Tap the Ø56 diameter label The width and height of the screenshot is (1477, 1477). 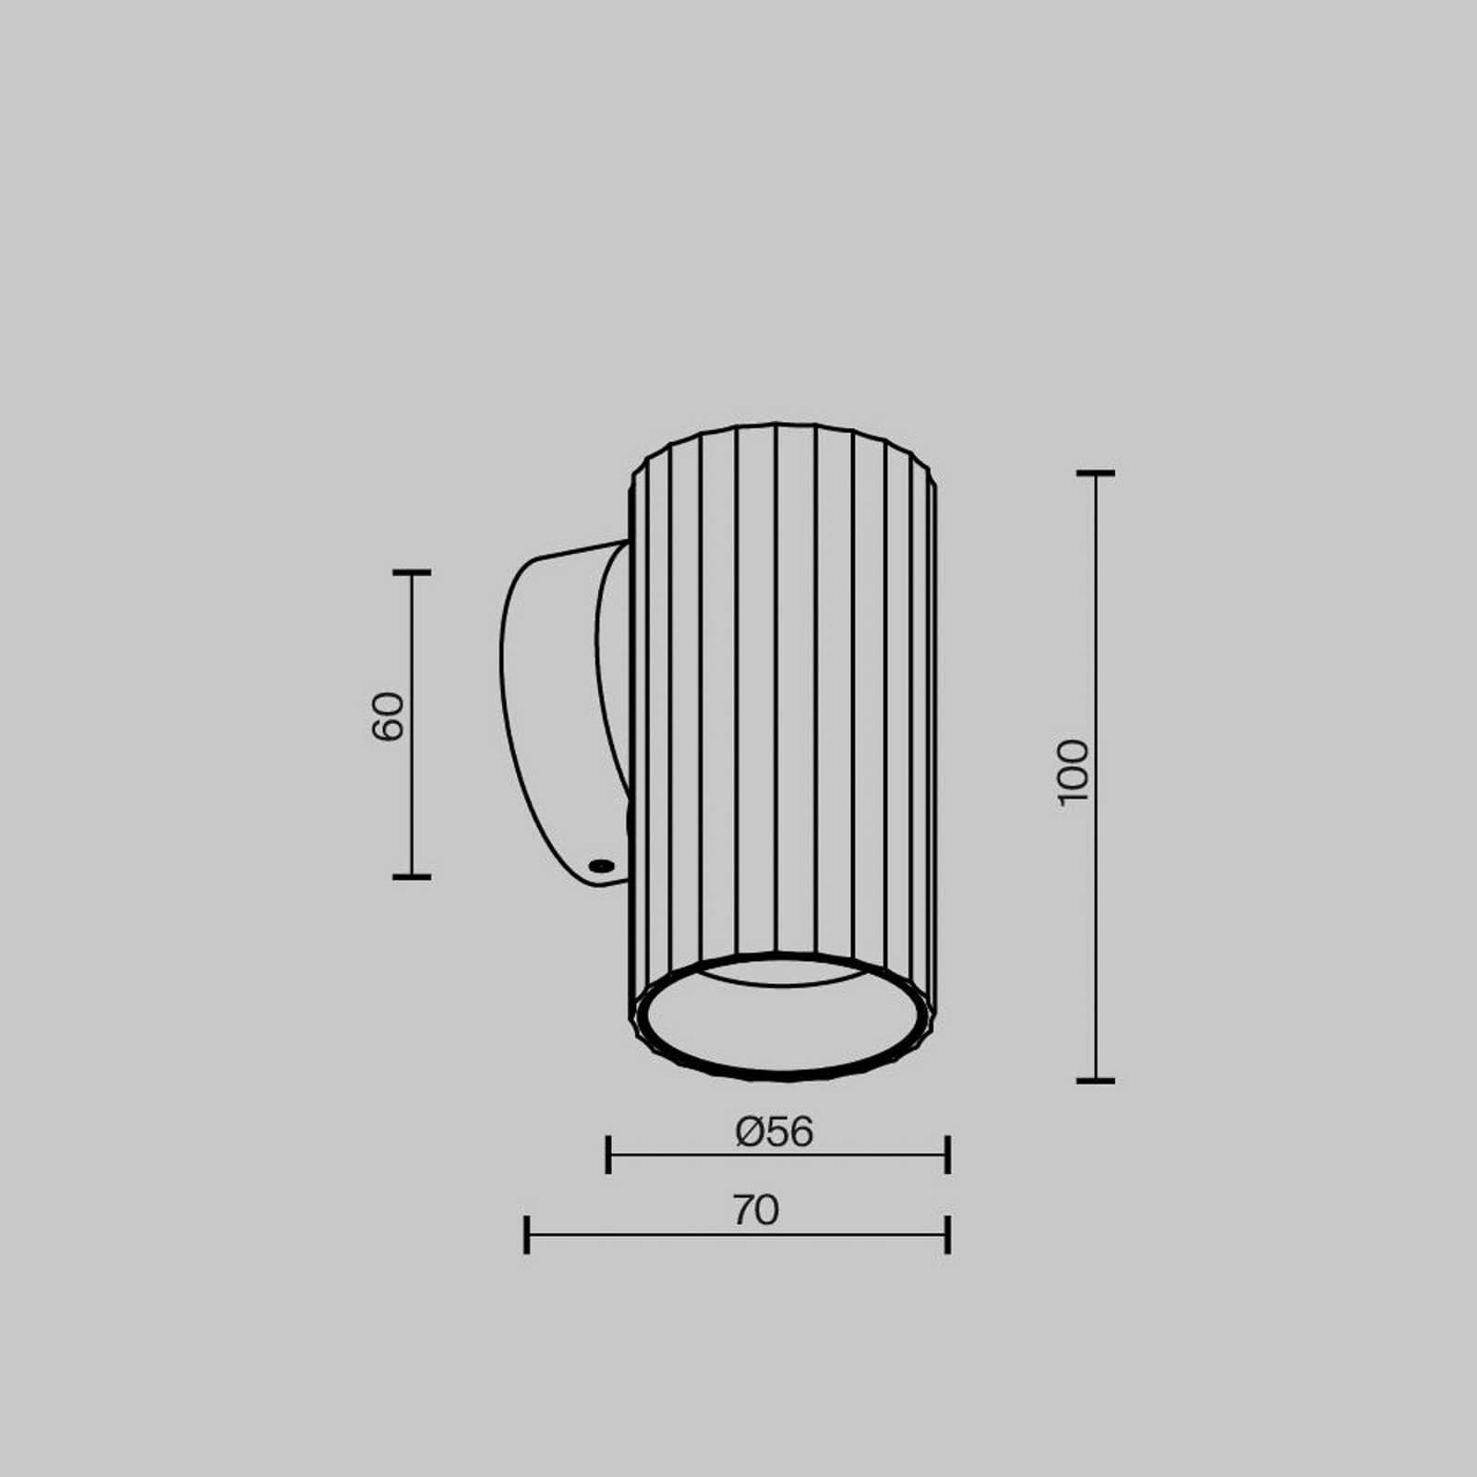click(x=775, y=1132)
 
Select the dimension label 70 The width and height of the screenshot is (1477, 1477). click(x=756, y=1210)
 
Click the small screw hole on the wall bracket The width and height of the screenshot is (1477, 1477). click(x=601, y=865)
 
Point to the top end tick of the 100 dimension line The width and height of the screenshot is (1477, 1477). click(x=1096, y=473)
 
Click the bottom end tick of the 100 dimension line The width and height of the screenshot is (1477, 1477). click(x=1096, y=1079)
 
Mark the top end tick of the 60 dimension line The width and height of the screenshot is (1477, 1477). click(x=412, y=572)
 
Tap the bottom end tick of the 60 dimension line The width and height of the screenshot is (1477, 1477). click(x=412, y=876)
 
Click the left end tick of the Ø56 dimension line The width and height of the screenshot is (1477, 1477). click(x=607, y=1155)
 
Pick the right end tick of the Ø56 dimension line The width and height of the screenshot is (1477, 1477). click(x=948, y=1155)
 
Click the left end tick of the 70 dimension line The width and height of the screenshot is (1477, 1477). click(x=526, y=1234)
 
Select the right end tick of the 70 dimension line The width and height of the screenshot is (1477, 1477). click(x=948, y=1234)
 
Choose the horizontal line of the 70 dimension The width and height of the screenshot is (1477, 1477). click(x=646, y=1234)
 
